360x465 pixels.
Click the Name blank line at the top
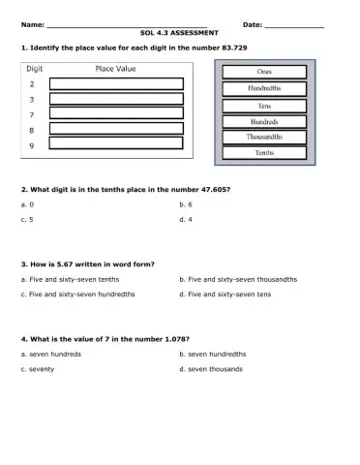coord(126,24)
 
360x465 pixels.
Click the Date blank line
coord(293,24)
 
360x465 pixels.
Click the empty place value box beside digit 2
coord(116,84)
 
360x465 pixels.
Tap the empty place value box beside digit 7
coord(116,113)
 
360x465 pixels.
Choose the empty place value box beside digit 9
coord(116,143)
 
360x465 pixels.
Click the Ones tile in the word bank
coord(264,73)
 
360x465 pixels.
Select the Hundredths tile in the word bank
coord(264,89)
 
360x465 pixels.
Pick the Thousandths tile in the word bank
coord(264,137)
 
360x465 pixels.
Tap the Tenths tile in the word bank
coord(264,153)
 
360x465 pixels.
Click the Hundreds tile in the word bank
coord(264,121)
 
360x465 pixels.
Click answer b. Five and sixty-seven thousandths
coord(238,279)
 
